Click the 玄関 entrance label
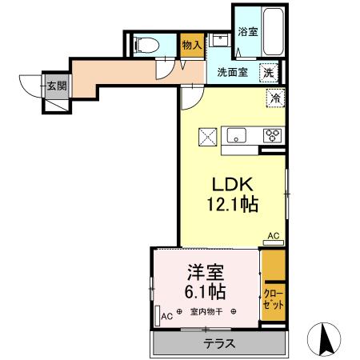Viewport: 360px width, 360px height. click(x=54, y=84)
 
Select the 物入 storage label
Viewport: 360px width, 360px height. click(x=191, y=46)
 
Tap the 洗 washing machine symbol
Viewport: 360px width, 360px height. click(x=271, y=71)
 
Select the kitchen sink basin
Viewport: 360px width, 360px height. click(x=237, y=135)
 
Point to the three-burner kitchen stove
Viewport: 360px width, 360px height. click(x=272, y=134)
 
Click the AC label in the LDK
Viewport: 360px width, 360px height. click(x=272, y=236)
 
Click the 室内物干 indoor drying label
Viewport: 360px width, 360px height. click(x=206, y=313)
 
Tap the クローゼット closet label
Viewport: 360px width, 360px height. click(x=272, y=301)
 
